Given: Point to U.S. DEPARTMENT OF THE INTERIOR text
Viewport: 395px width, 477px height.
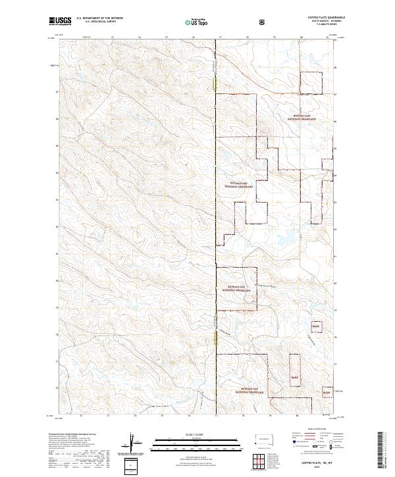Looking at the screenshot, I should tap(99, 18).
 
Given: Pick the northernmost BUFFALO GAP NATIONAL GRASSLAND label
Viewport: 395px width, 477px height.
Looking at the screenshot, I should tap(304, 118).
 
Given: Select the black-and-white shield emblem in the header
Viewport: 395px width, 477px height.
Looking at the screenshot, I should tap(263, 21).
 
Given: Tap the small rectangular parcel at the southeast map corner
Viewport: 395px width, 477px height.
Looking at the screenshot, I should tap(325, 393).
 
